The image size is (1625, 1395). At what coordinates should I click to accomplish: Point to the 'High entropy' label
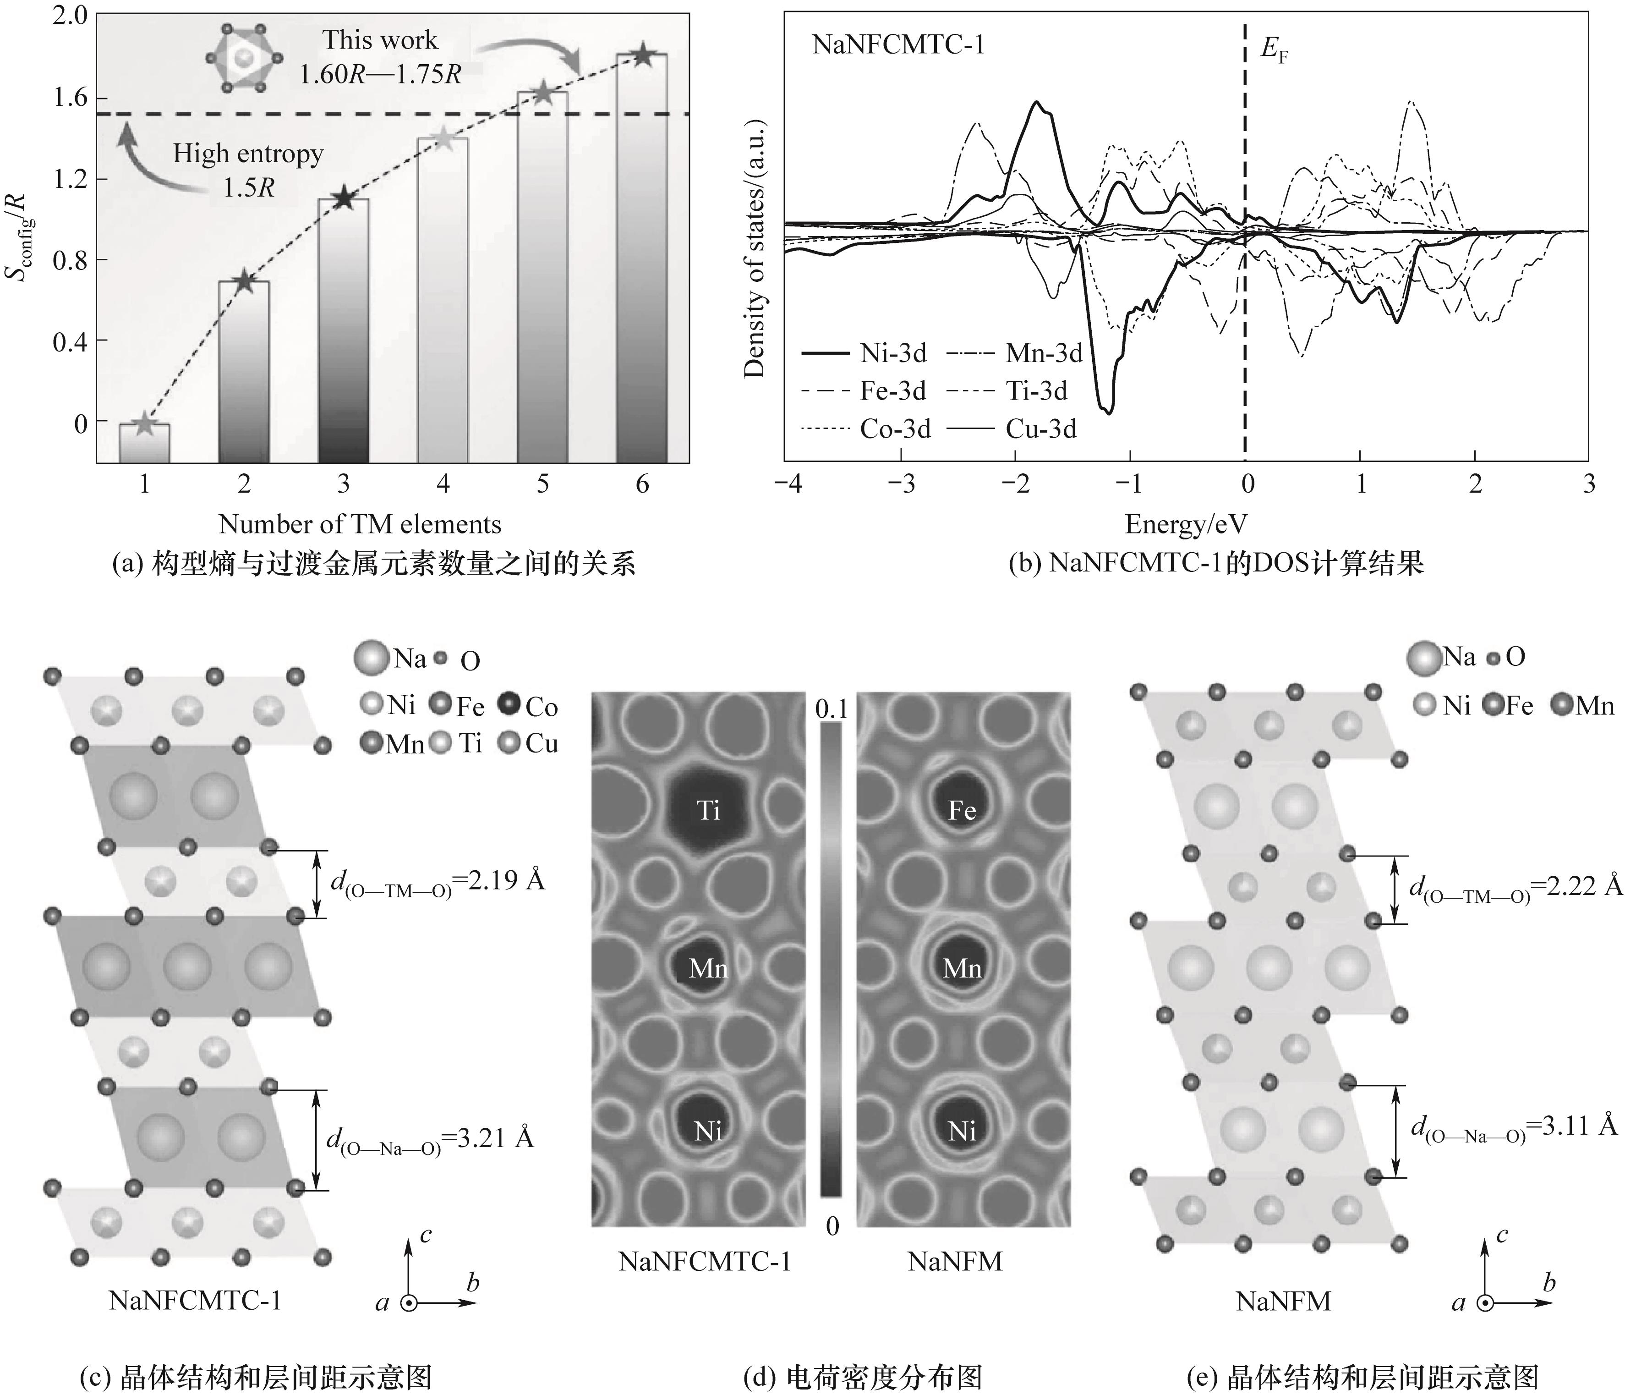(x=248, y=154)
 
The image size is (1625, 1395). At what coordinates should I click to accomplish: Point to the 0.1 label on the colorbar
(x=832, y=709)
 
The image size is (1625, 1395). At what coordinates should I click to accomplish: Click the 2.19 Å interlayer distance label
(x=438, y=882)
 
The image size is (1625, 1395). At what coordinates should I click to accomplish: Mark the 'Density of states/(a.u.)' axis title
(x=755, y=249)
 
